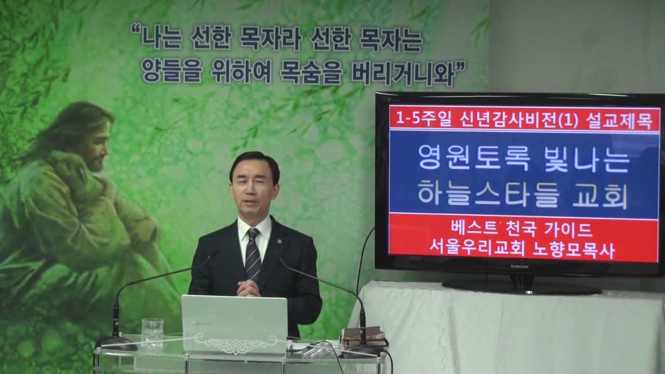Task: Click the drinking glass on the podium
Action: click(152, 332)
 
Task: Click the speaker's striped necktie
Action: click(252, 255)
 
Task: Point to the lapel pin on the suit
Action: click(280, 242)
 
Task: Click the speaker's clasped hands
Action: click(249, 288)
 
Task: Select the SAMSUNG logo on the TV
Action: click(520, 267)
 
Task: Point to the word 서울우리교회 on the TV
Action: click(475, 251)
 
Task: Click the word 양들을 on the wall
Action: click(171, 72)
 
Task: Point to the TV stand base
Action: click(521, 286)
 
